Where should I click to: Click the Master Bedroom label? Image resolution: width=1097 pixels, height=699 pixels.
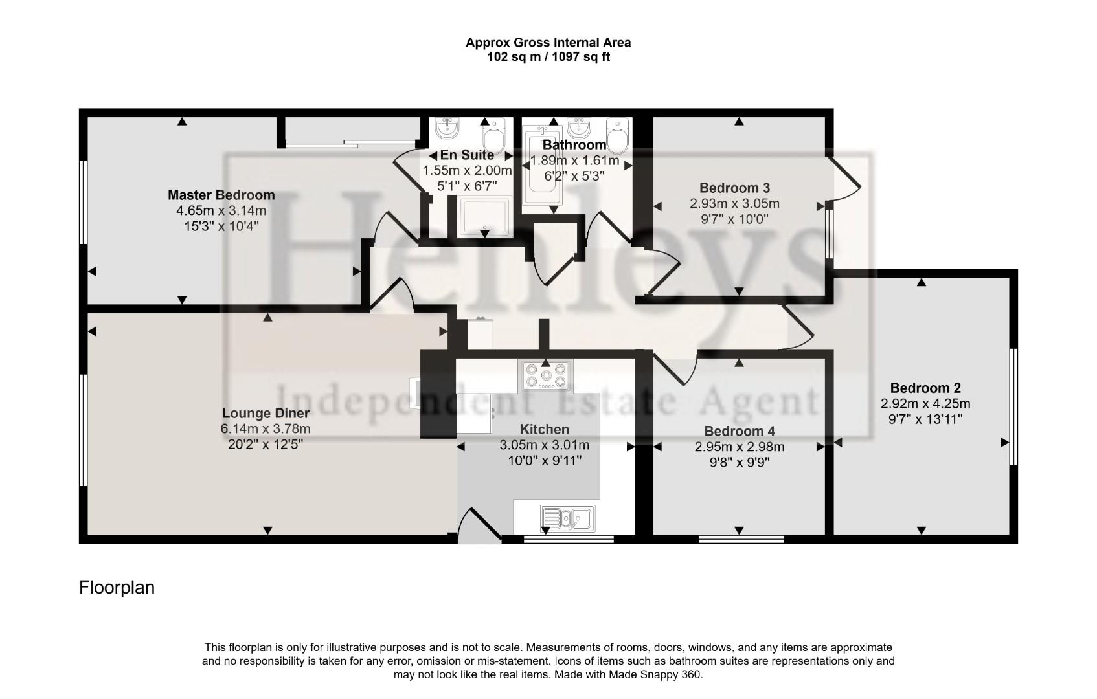[x=221, y=195]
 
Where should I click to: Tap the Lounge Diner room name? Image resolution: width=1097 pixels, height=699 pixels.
[x=266, y=413]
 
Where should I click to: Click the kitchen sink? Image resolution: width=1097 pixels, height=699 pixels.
[x=567, y=518]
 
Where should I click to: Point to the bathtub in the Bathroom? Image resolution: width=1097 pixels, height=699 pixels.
[x=541, y=170]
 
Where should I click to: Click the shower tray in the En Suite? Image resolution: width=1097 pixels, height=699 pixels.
[x=485, y=217]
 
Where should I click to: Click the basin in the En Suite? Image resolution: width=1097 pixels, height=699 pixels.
[x=446, y=128]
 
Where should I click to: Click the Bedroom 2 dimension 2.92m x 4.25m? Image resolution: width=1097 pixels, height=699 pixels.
[x=925, y=404]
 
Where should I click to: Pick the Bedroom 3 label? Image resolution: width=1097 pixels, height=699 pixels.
[x=734, y=188]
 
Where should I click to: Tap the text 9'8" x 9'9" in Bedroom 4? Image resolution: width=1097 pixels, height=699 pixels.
[x=739, y=462]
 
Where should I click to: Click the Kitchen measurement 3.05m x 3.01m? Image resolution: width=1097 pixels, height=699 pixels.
[x=544, y=445]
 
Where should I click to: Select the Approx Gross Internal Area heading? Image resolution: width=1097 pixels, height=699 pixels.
[x=548, y=43]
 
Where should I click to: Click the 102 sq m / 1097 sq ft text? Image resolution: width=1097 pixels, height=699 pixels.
[x=548, y=57]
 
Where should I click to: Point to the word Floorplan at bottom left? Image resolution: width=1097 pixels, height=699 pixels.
[x=117, y=588]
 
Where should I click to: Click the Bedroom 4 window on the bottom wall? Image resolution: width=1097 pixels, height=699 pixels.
[x=741, y=538]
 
